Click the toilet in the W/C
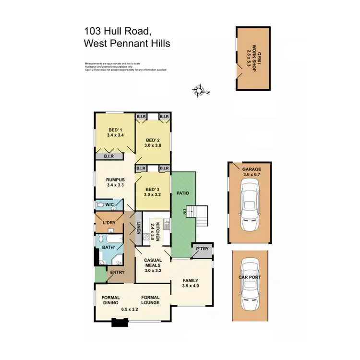tap(100, 205)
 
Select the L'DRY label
tap(109, 223)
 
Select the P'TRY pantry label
tap(202, 249)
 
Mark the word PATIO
tap(184, 193)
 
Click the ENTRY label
tap(117, 273)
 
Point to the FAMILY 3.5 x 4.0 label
tap(191, 283)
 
